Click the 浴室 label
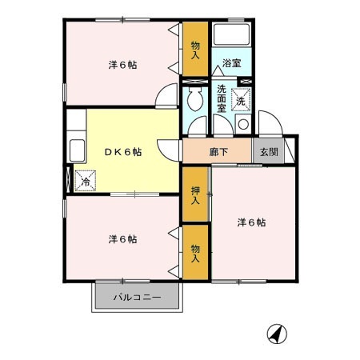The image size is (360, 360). coord(231,62)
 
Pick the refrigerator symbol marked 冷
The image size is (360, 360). coord(85,181)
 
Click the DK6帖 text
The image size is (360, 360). coord(122,152)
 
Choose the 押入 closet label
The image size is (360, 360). coord(195,195)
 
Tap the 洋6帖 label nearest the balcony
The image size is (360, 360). coord(122,238)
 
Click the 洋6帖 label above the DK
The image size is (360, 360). coord(122,65)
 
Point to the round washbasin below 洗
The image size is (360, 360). coord(242,124)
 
